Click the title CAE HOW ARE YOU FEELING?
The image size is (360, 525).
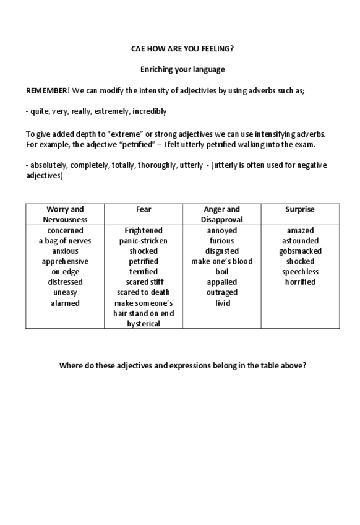tap(182, 48)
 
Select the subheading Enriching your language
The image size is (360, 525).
tap(182, 69)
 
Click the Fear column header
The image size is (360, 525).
tap(144, 209)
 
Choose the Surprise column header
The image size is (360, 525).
tap(300, 209)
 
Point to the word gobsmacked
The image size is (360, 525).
tap(300, 251)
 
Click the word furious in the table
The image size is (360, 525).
tap(222, 241)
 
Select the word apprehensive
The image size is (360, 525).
tap(65, 261)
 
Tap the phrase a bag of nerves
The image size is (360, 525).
tap(65, 241)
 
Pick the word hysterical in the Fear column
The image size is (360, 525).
tap(144, 323)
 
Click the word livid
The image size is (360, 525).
tap(222, 303)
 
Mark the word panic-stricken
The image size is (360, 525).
tap(144, 241)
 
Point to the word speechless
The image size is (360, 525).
tap(300, 272)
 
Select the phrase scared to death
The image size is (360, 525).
tap(144, 292)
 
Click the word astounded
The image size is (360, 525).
tap(300, 241)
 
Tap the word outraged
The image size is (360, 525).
tap(222, 292)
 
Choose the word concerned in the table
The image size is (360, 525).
tap(65, 231)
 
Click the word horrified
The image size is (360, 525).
tap(300, 282)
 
